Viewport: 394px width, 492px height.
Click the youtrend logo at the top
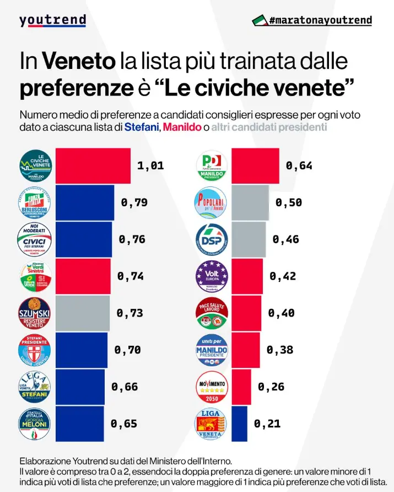(52, 20)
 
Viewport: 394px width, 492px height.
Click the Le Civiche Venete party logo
(35, 165)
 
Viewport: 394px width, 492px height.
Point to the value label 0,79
(134, 202)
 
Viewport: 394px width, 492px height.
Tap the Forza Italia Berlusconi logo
(35, 202)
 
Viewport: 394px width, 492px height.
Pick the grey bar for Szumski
(82, 313)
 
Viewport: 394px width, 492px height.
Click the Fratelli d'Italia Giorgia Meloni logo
(35, 424)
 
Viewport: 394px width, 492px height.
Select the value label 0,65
(124, 424)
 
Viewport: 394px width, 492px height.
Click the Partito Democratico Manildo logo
(212, 165)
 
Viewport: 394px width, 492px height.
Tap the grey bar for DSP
(248, 239)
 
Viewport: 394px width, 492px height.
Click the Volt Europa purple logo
(212, 276)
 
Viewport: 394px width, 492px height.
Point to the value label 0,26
(271, 387)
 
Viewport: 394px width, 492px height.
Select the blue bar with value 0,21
(239, 424)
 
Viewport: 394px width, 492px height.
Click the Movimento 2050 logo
(212, 387)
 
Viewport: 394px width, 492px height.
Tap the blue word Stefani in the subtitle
(141, 127)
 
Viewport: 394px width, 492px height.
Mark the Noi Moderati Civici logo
(35, 239)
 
